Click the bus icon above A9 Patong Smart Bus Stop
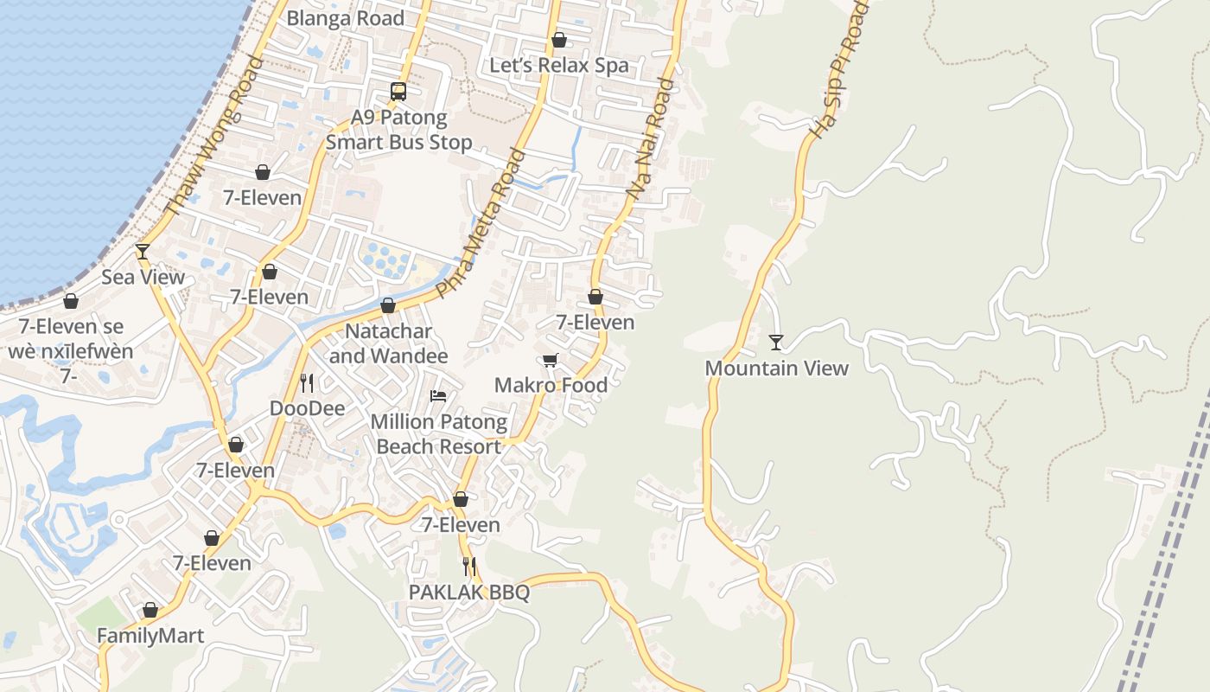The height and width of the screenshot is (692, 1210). pos(398,91)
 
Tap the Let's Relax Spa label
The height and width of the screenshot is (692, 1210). pos(559,66)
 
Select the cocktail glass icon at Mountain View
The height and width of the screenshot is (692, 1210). pos(776,343)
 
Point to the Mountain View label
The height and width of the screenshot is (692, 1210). pos(776,368)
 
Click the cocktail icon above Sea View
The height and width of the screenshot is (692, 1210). pos(143,252)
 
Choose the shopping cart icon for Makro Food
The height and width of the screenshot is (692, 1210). pos(551,360)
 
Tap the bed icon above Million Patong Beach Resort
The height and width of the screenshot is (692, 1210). pos(438,396)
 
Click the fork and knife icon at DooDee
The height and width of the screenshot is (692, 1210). pos(307,382)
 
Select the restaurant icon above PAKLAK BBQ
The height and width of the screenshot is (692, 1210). pos(469,567)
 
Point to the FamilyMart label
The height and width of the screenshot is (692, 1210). pos(150,636)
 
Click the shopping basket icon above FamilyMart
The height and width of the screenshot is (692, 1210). pos(150,610)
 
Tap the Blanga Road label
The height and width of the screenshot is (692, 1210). pos(345,18)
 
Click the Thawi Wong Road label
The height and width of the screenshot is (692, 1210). pos(213,136)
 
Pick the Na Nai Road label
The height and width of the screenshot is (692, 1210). pos(650,140)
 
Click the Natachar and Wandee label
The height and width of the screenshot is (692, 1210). pos(388,343)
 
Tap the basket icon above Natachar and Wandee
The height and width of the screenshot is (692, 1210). pos(388,305)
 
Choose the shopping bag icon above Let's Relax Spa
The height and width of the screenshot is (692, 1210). pos(559,40)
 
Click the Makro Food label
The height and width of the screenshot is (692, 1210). pos(551,385)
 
